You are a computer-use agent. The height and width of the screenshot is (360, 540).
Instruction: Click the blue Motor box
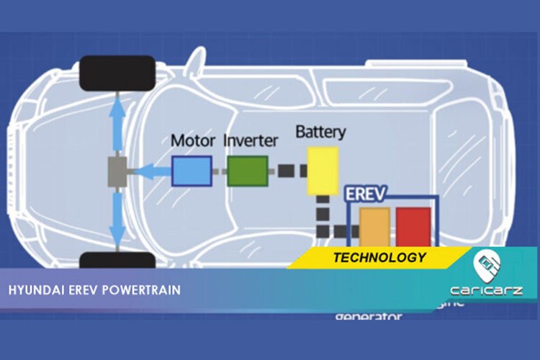tap(192, 171)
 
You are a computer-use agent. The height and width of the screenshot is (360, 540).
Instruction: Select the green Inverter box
tap(248, 171)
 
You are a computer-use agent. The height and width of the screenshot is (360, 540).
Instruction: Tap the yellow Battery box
tap(323, 171)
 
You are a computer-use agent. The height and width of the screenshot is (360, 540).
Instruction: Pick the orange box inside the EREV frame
tap(374, 227)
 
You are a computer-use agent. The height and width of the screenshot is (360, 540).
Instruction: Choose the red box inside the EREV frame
tap(413, 227)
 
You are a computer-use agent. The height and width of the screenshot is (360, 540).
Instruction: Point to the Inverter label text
tap(250, 140)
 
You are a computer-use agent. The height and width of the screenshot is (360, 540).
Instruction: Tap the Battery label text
tap(320, 132)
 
